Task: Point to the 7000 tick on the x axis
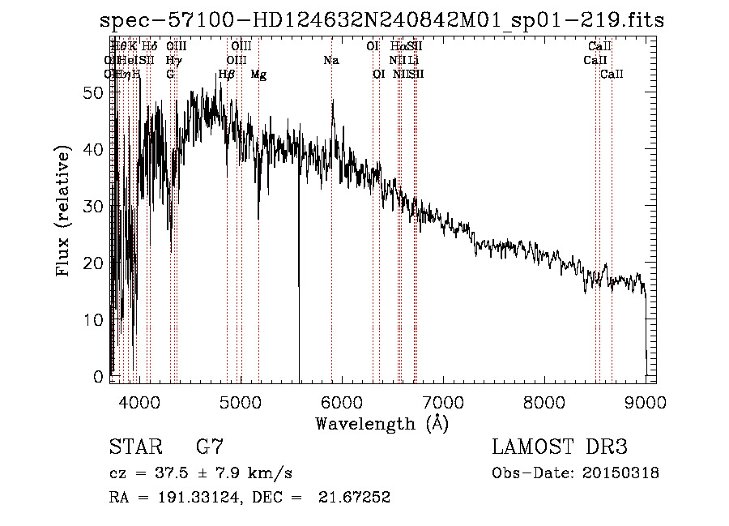(443, 383)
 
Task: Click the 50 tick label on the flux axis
(94, 93)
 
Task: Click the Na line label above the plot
(331, 60)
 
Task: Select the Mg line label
(258, 75)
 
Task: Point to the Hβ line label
(227, 75)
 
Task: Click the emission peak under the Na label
(332, 101)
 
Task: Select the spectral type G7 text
(210, 448)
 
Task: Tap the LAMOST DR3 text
(560, 448)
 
